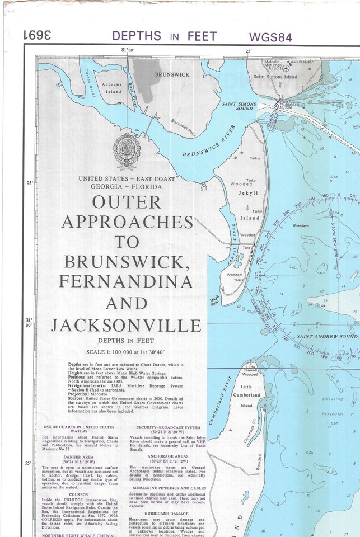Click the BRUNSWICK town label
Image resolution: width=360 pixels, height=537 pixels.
[172, 74]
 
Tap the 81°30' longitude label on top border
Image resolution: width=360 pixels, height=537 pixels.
[129, 51]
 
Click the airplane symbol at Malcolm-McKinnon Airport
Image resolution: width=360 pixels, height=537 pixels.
[287, 68]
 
